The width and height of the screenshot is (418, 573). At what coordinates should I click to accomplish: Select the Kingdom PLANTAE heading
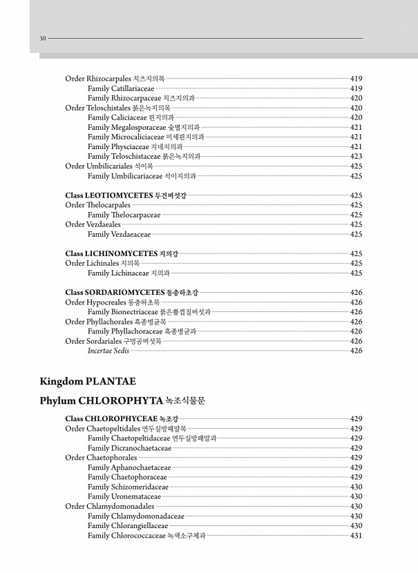[x=88, y=381]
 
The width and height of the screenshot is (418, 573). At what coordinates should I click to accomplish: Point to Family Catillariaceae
[x=121, y=88]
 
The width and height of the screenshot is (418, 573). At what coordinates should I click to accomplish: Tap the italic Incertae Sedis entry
[x=108, y=351]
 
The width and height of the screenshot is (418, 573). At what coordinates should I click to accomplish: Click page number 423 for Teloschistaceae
[x=357, y=156]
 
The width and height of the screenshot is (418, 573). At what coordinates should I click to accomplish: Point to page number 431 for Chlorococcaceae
[x=357, y=535]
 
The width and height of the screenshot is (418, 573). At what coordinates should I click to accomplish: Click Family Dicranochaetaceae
[x=129, y=448]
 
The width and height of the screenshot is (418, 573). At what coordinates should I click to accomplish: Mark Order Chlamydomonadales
[x=110, y=506]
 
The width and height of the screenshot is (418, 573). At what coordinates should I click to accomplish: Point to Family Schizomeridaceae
[x=128, y=487]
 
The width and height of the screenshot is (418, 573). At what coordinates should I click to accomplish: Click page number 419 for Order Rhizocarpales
[x=357, y=79]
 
